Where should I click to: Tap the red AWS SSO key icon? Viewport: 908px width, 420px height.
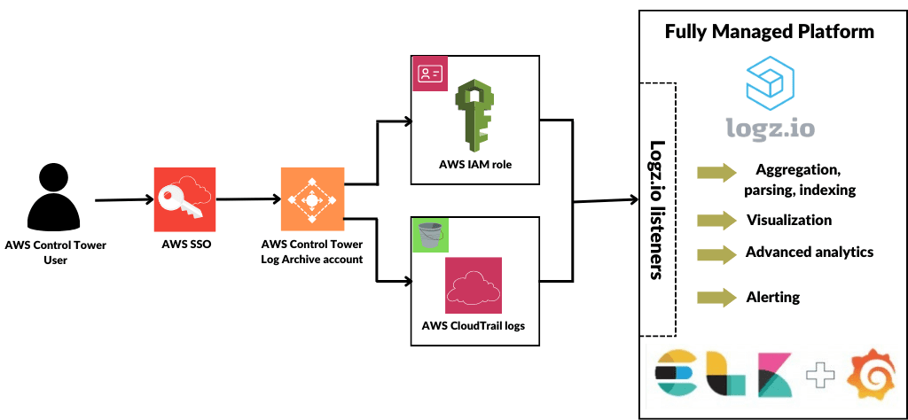point(184,198)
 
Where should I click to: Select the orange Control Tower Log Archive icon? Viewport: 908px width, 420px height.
point(311,198)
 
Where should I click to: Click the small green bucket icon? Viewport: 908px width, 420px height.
point(433,235)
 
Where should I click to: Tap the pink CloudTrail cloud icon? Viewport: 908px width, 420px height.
point(474,286)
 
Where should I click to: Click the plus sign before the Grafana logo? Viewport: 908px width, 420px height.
point(821,375)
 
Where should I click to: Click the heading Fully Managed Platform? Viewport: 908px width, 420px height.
point(770,32)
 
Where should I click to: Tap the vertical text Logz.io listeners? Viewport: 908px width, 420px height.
point(657,210)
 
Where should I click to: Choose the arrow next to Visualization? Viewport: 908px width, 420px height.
point(717,220)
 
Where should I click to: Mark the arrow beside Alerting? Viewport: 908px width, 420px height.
point(717,297)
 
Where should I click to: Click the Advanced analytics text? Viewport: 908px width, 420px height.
point(809,253)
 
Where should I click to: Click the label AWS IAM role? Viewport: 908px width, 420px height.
point(475,165)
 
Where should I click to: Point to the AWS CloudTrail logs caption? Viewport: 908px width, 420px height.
point(473,325)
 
